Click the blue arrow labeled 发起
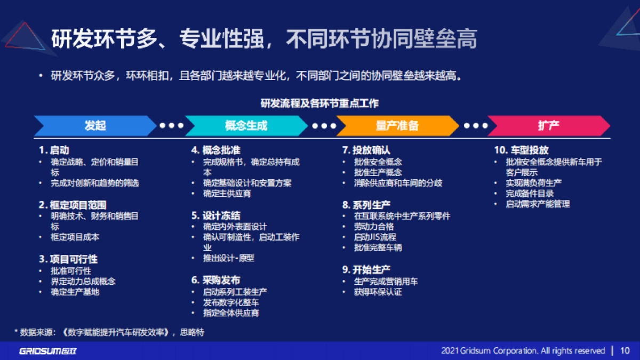[x=95, y=126]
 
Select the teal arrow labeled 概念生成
[x=246, y=126]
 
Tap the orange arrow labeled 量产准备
[x=397, y=126]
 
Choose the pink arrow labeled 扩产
[x=548, y=126]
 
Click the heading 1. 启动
[x=54, y=150]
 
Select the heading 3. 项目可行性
[x=68, y=259]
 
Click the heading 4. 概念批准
[x=216, y=150]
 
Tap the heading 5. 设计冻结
[x=216, y=215]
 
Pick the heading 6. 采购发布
[x=216, y=280]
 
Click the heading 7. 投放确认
[x=366, y=150]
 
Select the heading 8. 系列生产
[x=366, y=205]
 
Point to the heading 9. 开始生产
[x=366, y=269]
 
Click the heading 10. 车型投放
[x=521, y=150]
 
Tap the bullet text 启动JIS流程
[x=375, y=237]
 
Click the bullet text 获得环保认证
[x=378, y=292]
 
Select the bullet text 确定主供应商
[x=227, y=194]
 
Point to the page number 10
[x=625, y=350]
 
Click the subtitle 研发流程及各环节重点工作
[x=320, y=103]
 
